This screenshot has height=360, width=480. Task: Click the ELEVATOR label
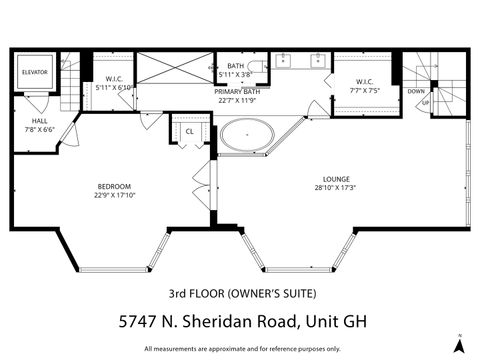35,72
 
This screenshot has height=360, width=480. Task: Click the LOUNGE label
336,179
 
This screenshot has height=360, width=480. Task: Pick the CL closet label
190,130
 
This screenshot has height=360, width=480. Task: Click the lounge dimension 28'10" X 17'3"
336,188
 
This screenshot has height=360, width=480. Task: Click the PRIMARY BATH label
237,91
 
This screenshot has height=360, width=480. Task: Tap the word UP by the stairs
425,102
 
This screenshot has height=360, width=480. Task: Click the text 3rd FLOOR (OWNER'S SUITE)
241,293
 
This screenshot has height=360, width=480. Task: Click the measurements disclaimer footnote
241,348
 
